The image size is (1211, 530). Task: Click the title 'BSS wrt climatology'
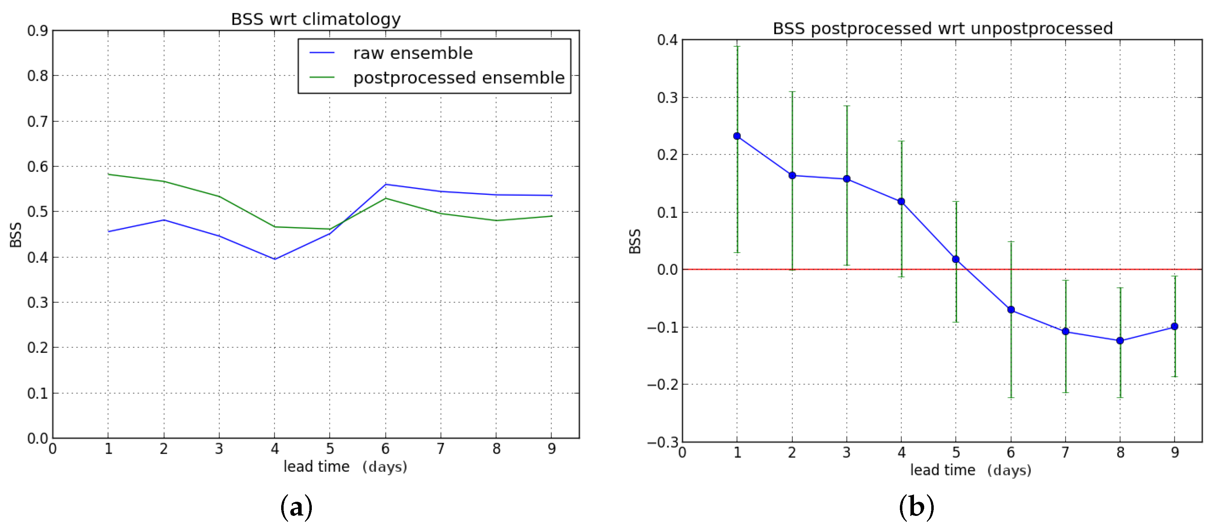(x=315, y=19)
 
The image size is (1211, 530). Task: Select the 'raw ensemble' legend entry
(x=412, y=53)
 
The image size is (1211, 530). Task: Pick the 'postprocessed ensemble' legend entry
(x=458, y=78)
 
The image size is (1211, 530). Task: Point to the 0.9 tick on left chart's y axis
(x=38, y=31)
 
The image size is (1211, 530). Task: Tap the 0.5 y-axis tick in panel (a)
(x=38, y=212)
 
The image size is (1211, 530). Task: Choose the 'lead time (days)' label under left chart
(x=345, y=466)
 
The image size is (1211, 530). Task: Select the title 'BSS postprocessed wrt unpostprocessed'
(x=943, y=29)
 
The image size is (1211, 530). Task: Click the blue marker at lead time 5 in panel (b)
(x=956, y=259)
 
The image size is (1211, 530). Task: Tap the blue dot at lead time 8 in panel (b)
(x=1120, y=341)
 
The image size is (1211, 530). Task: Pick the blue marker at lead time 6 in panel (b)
(x=1011, y=310)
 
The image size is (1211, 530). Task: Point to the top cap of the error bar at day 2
(x=792, y=92)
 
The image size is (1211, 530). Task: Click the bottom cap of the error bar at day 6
(x=1011, y=398)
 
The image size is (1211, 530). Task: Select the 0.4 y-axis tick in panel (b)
(x=667, y=40)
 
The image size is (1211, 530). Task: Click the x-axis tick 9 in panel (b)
(x=1175, y=452)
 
